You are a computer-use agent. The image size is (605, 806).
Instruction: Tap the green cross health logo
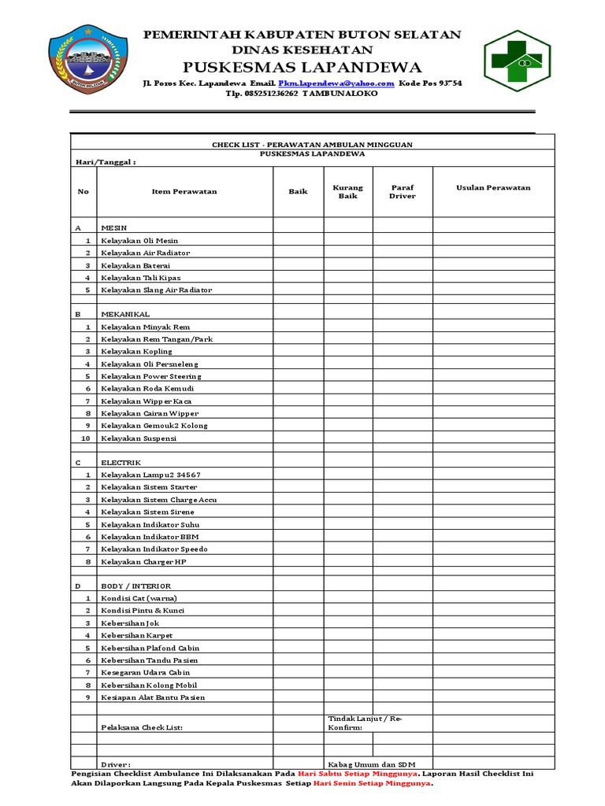[x=518, y=61]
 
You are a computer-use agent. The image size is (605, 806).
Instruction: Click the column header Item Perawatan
[x=184, y=191]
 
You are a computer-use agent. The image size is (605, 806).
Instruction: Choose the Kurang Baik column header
[x=347, y=191]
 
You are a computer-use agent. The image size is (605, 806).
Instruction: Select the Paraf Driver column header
[x=402, y=191]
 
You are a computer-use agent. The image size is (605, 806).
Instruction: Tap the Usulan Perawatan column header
[x=493, y=187]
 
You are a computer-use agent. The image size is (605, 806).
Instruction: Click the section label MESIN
[x=114, y=227]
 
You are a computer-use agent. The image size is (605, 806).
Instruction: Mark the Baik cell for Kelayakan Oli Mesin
[x=298, y=240]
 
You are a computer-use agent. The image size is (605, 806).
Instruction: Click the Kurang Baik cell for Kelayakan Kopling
[x=347, y=351]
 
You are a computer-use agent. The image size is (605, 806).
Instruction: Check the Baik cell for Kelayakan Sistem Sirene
[x=298, y=512]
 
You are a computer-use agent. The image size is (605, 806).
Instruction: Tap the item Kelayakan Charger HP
[x=144, y=561]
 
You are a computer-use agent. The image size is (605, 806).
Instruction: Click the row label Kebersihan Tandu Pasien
[x=150, y=660]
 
